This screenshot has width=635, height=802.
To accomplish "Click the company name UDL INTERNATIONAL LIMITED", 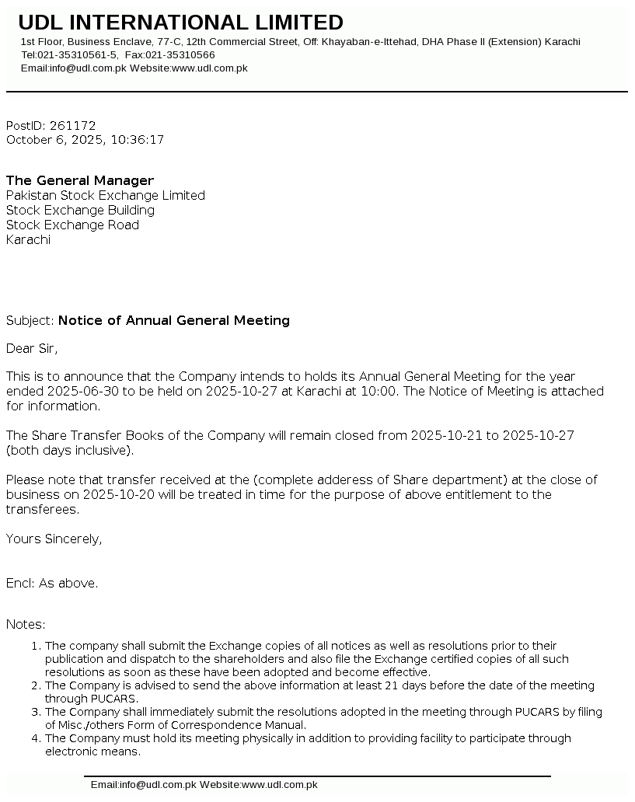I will point(180,23).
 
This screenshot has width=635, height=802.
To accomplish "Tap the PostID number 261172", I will point(72,125).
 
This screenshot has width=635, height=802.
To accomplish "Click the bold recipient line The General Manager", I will point(80,180).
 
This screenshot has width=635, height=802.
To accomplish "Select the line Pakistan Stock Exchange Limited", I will point(106,195).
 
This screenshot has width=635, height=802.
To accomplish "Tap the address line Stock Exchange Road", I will point(72,225).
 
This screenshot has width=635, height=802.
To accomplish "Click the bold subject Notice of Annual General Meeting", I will point(174,320).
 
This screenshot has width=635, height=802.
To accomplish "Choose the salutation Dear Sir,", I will point(32,348).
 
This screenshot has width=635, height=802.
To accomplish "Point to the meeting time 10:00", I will point(381,391).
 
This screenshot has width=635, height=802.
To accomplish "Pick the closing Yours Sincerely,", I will point(54,539).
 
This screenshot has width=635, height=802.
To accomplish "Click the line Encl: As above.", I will point(52,583).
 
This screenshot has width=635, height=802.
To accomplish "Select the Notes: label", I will point(26,624).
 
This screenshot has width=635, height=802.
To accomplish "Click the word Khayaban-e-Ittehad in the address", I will point(370,42).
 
